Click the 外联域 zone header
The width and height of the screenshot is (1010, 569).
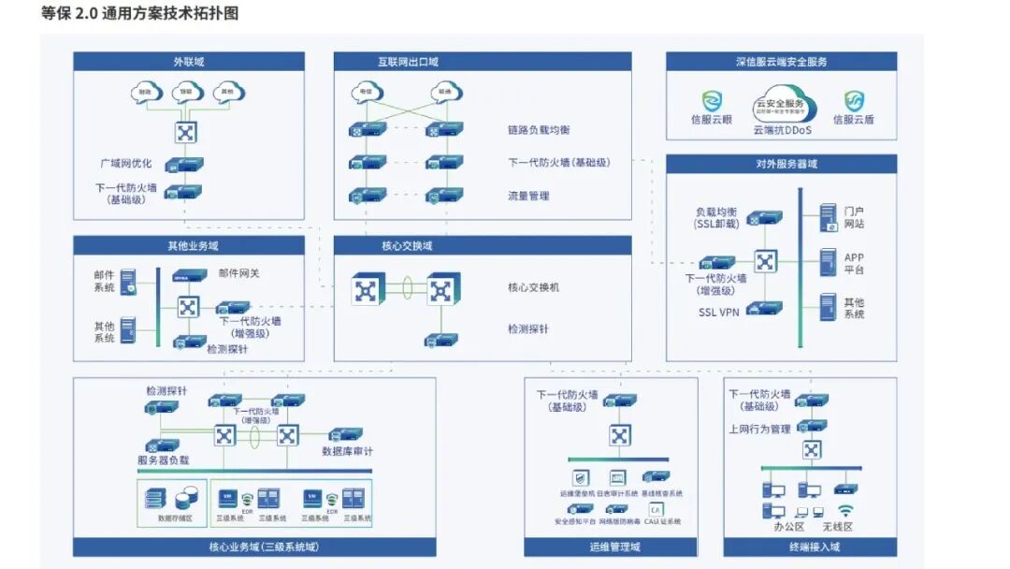(188, 62)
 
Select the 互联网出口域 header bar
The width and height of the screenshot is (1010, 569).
(482, 62)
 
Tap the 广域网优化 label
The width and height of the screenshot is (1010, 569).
(126, 164)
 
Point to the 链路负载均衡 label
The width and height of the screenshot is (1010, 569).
(540, 130)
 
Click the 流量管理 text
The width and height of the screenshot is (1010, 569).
(528, 197)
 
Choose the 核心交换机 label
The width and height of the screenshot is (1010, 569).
(533, 287)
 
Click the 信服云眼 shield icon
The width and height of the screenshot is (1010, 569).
(713, 101)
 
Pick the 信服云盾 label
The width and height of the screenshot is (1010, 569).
(853, 120)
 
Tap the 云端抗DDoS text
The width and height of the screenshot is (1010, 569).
(782, 131)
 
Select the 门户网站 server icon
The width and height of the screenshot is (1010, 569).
(828, 217)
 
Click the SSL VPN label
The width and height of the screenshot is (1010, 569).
(719, 313)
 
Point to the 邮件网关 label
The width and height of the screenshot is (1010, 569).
(240, 273)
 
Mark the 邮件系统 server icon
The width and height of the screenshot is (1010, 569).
(128, 281)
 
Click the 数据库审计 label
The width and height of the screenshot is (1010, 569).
(347, 451)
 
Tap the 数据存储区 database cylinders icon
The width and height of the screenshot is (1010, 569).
(176, 497)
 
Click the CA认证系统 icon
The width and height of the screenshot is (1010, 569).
(656, 509)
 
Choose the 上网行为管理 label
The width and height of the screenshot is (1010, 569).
(759, 430)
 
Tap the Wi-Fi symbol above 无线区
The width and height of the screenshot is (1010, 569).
(845, 511)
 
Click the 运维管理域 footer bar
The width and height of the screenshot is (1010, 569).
(614, 547)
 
